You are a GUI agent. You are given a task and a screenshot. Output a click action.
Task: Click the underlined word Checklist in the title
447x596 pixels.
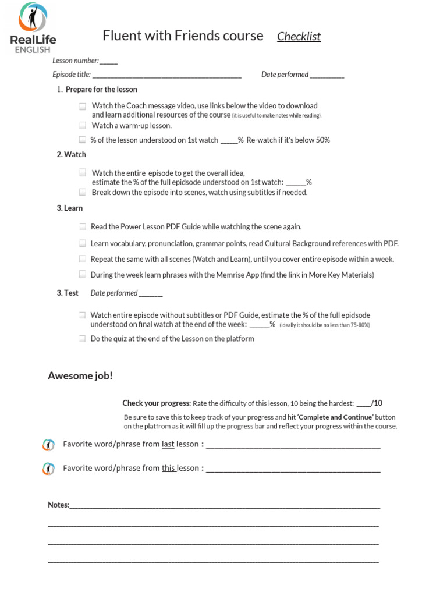coord(299,37)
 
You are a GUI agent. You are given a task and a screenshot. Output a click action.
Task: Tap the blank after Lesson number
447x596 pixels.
coord(109,61)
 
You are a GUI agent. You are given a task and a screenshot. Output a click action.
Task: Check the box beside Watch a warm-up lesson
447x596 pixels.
coord(83,125)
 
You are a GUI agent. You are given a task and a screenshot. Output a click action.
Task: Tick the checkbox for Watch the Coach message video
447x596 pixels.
coord(83,106)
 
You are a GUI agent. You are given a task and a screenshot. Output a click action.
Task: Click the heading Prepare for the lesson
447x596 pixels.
coord(101,90)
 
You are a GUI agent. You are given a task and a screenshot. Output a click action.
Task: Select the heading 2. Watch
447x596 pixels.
coord(72,154)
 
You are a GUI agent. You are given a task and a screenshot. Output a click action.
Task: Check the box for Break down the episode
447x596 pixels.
coord(83,192)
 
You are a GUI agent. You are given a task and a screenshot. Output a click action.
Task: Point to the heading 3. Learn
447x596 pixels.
coord(70,208)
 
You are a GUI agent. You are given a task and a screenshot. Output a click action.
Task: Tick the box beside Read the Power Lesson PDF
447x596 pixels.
coord(83,227)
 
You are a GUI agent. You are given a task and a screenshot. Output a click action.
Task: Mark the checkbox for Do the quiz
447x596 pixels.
coord(83,339)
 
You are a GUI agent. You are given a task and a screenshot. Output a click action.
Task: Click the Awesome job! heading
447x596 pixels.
coord(80,376)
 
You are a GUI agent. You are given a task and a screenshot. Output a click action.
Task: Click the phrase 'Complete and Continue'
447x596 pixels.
coord(335,417)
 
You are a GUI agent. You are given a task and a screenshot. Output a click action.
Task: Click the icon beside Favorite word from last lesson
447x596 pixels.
coord(49,445)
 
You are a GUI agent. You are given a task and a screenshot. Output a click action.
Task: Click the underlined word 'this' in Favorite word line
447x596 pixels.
coord(169,468)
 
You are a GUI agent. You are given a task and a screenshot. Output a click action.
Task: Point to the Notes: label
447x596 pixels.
coord(58,505)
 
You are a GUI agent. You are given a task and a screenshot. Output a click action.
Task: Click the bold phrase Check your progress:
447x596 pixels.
coord(157,403)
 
